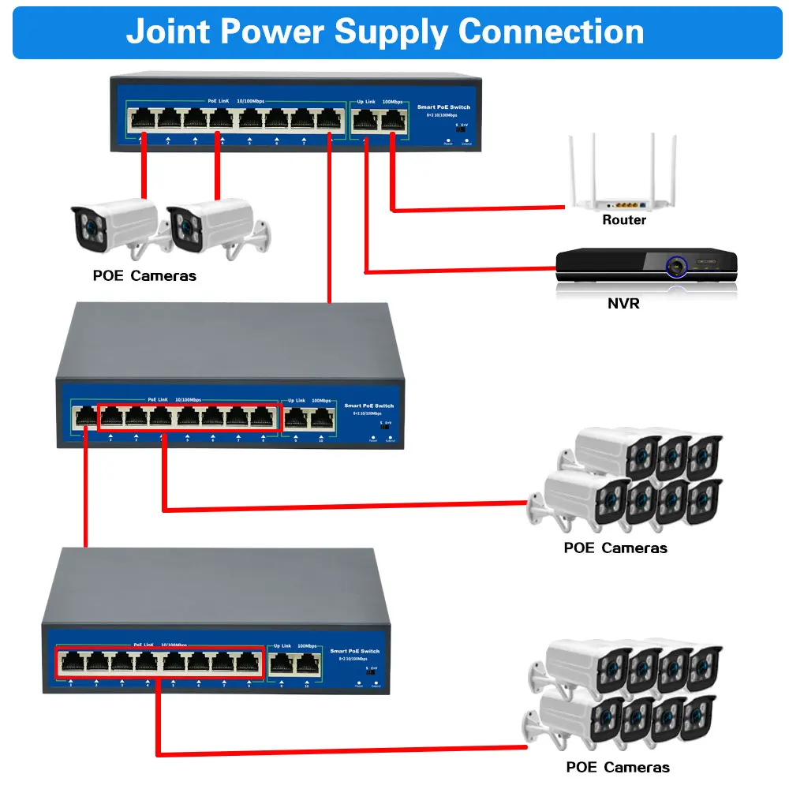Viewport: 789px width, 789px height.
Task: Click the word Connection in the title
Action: (x=552, y=32)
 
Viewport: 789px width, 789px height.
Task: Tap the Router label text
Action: (x=623, y=220)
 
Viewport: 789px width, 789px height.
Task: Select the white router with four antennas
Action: (x=623, y=181)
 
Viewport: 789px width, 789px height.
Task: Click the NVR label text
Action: (x=623, y=303)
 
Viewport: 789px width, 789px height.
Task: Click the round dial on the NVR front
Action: (x=677, y=267)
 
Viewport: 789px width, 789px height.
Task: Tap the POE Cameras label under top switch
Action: (x=144, y=276)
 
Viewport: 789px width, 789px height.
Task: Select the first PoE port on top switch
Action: (x=144, y=119)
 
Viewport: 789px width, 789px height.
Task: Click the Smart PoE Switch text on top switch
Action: (x=443, y=107)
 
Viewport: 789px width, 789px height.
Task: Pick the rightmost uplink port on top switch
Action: (x=392, y=120)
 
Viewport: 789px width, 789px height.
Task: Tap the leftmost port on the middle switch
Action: (x=84, y=416)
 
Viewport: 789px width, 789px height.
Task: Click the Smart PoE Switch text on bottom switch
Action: (x=354, y=651)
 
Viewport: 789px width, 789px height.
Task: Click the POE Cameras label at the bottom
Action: (x=618, y=767)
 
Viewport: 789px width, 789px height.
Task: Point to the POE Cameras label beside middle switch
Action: (x=615, y=548)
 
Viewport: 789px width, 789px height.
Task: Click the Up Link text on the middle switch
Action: (x=296, y=401)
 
